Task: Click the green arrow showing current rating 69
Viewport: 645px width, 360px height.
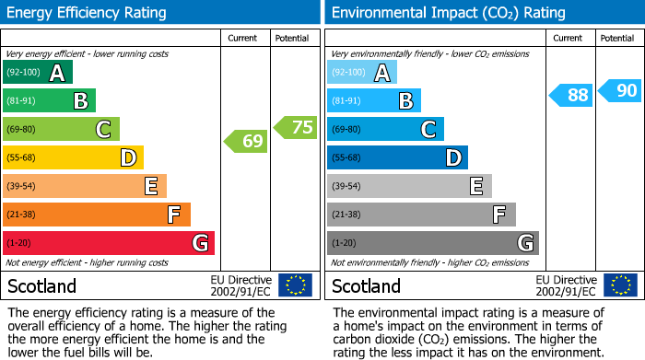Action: click(x=246, y=141)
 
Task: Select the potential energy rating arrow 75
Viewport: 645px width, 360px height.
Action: click(x=296, y=127)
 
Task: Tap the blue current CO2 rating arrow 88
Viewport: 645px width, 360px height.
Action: click(x=572, y=95)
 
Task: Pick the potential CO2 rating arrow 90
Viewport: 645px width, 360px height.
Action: click(x=620, y=90)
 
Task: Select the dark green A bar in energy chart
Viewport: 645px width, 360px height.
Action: click(x=38, y=73)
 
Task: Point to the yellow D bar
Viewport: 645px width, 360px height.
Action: click(x=73, y=158)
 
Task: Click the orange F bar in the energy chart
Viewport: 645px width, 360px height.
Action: click(x=97, y=215)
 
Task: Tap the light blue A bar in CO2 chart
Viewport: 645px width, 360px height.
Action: click(x=362, y=73)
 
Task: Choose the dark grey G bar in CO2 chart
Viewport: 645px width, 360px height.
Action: click(x=432, y=243)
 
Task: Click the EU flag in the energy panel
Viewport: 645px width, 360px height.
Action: click(x=295, y=285)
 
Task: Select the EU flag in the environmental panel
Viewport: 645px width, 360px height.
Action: click(x=621, y=285)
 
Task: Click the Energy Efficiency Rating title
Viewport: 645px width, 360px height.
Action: click(x=88, y=13)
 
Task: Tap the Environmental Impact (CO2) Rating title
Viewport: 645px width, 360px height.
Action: click(x=448, y=13)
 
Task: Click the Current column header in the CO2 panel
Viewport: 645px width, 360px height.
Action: click(x=569, y=38)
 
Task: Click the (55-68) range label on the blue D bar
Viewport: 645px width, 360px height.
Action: click(x=346, y=158)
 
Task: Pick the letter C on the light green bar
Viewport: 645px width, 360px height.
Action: click(x=104, y=130)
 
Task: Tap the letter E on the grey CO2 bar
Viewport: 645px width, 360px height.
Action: click(x=476, y=187)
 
